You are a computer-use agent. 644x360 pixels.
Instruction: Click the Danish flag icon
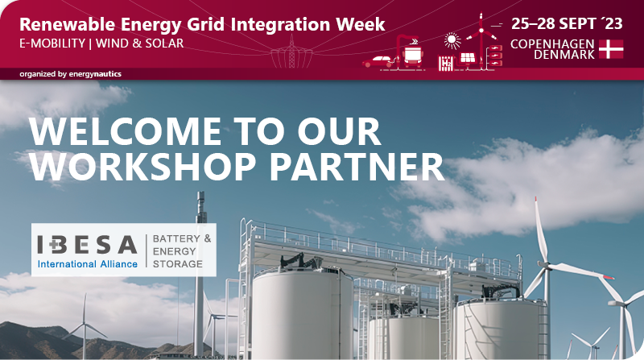tap(611, 48)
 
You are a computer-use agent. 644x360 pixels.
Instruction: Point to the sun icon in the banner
tap(452, 39)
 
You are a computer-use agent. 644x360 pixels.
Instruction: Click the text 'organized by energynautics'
tap(71, 74)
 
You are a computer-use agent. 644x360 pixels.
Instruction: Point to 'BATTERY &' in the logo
tap(181, 239)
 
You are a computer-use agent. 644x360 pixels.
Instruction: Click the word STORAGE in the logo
tap(177, 263)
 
